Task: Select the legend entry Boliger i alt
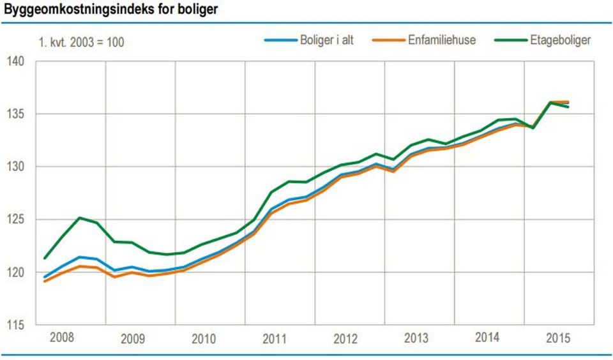[x=326, y=40]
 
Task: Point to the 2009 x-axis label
[x=132, y=338]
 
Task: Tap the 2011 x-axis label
[x=275, y=338]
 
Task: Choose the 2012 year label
[x=345, y=338]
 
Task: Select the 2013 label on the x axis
[x=416, y=338]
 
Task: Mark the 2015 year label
[x=558, y=337]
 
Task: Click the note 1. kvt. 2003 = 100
[x=82, y=43]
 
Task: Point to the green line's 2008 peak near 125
[x=79, y=218]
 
